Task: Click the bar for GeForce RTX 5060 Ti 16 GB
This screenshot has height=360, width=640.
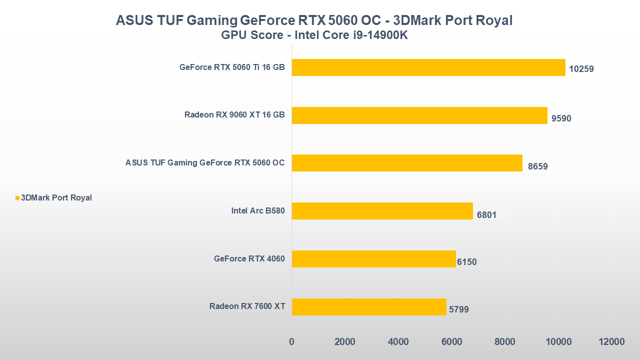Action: coord(428,67)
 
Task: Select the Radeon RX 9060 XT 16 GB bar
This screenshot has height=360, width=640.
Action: coord(419,115)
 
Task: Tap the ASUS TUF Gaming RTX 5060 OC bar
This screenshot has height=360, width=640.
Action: coord(407,163)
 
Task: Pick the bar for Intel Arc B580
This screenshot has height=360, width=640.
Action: coord(382,211)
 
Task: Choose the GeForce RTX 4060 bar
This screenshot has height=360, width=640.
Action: coord(374,259)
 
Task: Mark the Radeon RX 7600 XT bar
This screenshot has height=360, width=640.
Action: coord(369,307)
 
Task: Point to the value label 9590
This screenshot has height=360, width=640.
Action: coord(561,118)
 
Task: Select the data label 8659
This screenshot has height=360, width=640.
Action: coord(537,166)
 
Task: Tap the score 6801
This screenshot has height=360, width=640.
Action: coord(486,215)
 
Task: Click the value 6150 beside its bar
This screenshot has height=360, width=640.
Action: coord(466,262)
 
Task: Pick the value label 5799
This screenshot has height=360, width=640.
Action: coord(459,309)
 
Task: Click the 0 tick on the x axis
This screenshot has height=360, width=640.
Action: coord(291,342)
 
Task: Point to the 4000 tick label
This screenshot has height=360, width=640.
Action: coord(398,342)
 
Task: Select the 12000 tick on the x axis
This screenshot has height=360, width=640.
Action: coord(611,342)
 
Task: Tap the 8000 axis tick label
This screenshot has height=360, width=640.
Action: coord(505,342)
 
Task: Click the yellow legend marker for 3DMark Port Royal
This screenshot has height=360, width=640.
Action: coord(17,198)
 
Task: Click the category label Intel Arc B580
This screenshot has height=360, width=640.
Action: coord(258,211)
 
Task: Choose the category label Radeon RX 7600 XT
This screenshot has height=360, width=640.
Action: coord(247,306)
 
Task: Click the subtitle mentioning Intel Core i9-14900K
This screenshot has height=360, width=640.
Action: coord(314,35)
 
